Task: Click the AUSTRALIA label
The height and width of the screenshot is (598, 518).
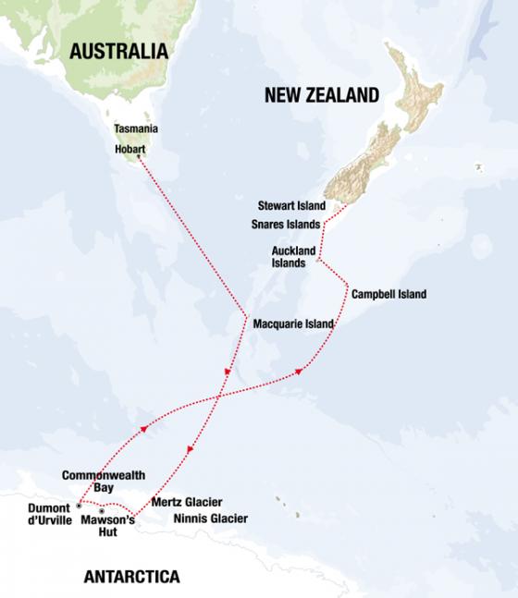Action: point(119,51)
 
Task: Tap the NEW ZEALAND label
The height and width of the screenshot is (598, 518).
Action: point(322,94)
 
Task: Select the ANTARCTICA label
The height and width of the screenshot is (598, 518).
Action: point(131,578)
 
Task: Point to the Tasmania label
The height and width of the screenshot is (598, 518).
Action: point(135,129)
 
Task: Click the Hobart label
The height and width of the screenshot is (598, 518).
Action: point(130,148)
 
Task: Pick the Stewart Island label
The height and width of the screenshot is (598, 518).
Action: point(292,205)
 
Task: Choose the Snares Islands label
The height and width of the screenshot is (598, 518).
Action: point(286,224)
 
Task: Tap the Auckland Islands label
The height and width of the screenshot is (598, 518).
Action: point(294,256)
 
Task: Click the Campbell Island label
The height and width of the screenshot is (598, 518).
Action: point(388,294)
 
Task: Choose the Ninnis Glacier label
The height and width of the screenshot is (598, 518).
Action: point(211,519)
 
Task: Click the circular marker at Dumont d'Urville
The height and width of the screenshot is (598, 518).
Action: point(80,506)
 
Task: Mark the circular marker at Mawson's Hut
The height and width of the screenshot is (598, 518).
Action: point(102,510)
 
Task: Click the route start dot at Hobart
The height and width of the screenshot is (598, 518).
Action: point(139,157)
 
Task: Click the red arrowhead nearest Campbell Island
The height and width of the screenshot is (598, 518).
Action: point(299,372)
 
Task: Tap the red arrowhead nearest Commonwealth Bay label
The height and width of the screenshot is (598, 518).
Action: point(144,429)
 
